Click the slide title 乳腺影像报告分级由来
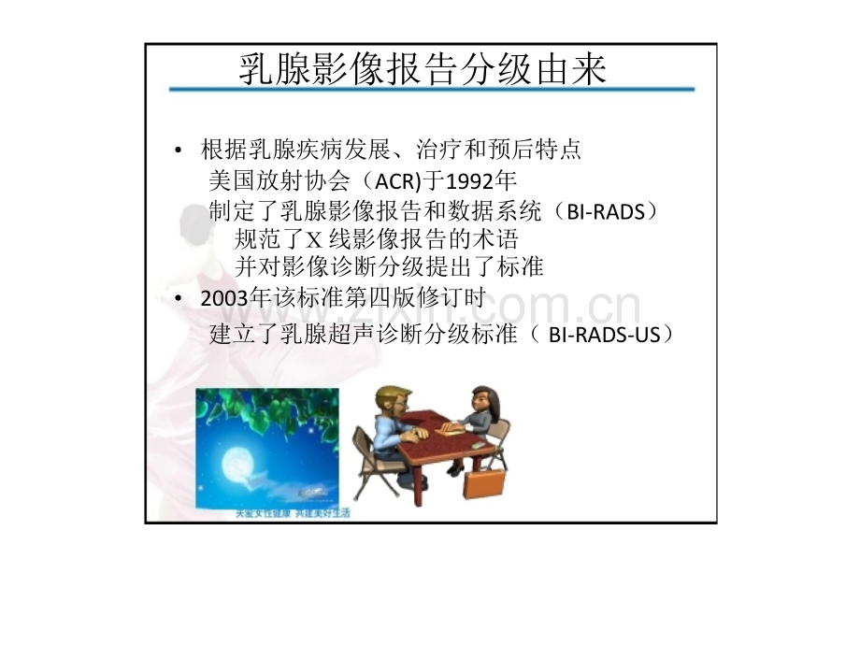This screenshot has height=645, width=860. click(x=423, y=69)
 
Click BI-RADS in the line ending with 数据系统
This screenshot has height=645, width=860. click(x=606, y=211)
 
